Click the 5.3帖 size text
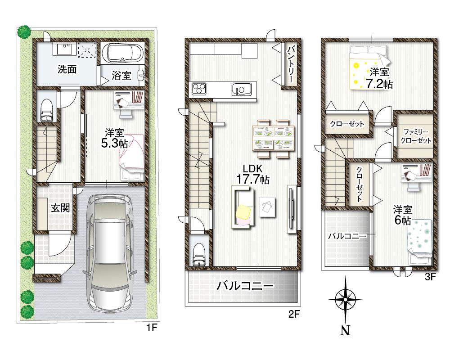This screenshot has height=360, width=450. click(114, 144)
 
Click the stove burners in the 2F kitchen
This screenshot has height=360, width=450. click(199, 89)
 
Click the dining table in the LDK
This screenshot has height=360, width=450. click(274, 138)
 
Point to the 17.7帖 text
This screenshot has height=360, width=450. click(253, 179)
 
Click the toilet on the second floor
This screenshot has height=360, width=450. click(198, 255)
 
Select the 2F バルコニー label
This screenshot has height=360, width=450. click(245, 285)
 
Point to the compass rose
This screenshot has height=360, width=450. click(345, 299)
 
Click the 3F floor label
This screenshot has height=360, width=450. click(430, 277)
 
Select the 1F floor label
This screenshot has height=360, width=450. click(152, 328)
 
